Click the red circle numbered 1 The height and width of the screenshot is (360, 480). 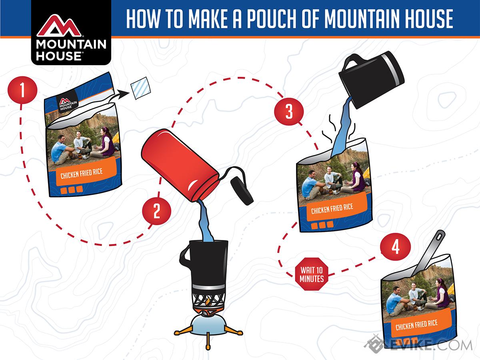(x=22, y=90)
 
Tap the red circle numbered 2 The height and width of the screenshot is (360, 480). (x=156, y=211)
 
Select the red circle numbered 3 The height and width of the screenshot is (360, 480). (x=289, y=111)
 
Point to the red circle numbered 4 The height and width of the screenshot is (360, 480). (x=395, y=247)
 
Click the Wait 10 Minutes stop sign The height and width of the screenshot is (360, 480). (x=312, y=274)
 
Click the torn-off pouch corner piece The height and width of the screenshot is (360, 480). (x=141, y=88)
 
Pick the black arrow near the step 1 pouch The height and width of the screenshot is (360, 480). (x=118, y=96)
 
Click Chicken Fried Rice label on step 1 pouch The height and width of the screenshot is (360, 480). (x=82, y=173)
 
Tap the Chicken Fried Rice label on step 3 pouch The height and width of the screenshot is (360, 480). (x=332, y=208)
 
